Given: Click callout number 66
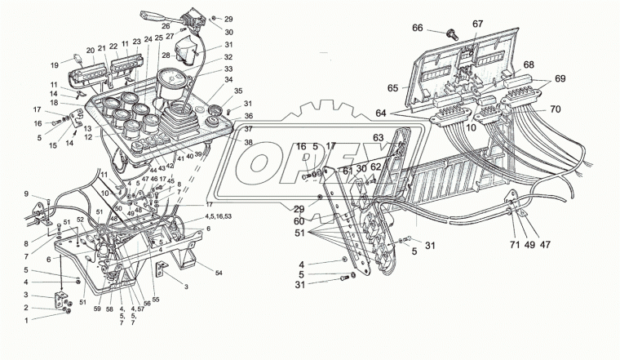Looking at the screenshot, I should tap(417, 28).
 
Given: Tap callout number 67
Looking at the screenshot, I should tap(478, 24).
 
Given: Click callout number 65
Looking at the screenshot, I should tap(392, 87).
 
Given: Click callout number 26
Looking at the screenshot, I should tap(166, 26).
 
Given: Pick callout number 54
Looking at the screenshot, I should tap(219, 273).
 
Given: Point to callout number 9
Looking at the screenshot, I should tap(26, 193).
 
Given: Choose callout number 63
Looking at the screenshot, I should tap(378, 138).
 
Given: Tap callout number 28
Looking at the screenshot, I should tap(165, 55).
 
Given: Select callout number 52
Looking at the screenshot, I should tap(81, 220).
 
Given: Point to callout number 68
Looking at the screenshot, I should tap(529, 65).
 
